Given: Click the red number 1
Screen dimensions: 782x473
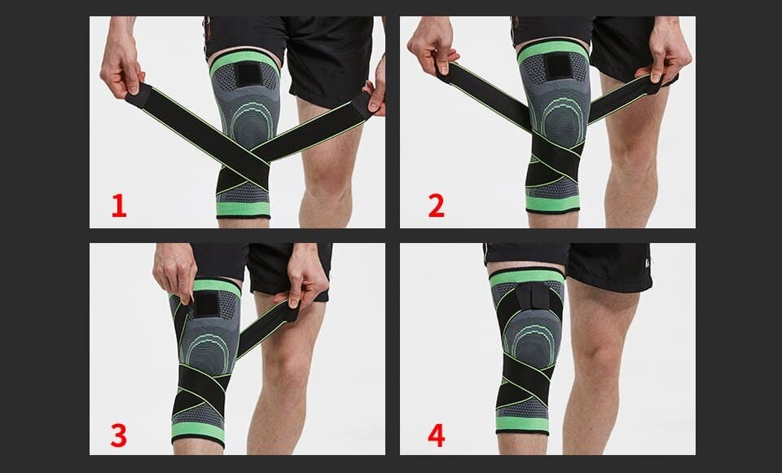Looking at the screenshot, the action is point(119,206).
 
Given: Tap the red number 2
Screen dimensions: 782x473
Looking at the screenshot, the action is point(437,206).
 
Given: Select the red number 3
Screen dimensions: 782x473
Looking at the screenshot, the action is point(119,435).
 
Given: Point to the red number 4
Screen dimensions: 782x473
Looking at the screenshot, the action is point(437,435).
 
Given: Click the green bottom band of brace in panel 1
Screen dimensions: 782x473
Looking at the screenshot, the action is point(243,209).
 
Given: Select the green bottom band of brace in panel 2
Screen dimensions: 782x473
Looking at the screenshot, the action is point(553,203).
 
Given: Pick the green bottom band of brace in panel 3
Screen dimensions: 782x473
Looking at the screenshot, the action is point(199,431).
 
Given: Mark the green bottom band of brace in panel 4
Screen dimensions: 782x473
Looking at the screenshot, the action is point(523,424).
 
